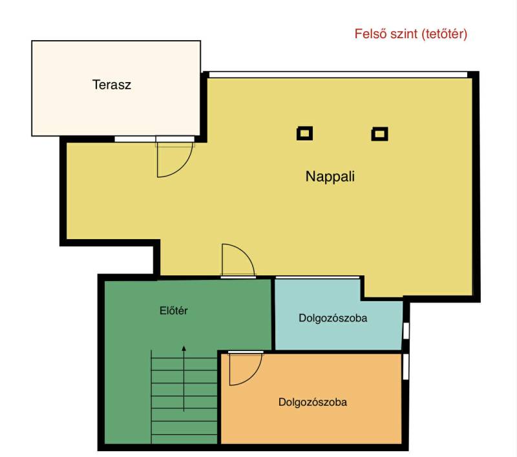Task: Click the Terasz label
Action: (111, 85)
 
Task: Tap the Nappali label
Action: (330, 176)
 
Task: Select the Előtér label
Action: (173, 311)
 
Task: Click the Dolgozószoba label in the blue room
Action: (333, 318)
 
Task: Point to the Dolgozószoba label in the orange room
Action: (313, 402)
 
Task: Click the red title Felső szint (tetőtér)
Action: (411, 34)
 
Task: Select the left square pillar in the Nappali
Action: (304, 134)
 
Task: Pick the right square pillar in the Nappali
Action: (379, 134)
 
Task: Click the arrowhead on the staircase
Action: (184, 348)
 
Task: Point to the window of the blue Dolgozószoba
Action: (406, 331)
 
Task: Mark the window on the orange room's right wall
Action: (406, 367)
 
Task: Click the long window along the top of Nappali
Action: (338, 74)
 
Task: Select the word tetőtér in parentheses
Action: (444, 34)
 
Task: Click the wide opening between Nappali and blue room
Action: (317, 278)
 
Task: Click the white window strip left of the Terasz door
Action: (135, 139)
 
